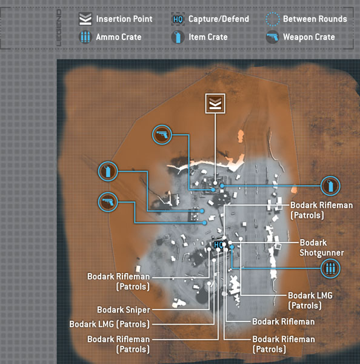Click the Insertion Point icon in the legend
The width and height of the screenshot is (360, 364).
85,19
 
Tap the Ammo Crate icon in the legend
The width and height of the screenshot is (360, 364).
85,37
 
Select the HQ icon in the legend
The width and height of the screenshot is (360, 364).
178,19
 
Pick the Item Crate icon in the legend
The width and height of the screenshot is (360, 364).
178,37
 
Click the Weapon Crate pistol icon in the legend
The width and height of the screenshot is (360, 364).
273,37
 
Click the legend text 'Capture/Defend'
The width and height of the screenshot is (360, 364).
219,19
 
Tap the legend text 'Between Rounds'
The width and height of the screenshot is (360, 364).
315,19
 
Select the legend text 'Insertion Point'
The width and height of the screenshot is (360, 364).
124,19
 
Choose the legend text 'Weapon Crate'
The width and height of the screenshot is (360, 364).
309,37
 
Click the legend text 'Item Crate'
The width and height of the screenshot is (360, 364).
208,37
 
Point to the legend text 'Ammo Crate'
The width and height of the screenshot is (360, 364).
119,37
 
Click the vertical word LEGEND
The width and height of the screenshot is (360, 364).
59,28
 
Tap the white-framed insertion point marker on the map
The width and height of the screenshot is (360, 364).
215,104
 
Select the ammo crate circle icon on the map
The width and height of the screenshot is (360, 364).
330,268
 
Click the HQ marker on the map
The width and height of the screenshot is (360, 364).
219,244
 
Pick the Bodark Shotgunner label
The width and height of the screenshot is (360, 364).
321,248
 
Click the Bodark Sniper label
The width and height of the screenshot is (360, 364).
124,309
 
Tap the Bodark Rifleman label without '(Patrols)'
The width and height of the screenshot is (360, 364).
284,322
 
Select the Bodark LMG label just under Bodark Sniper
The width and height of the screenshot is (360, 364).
110,324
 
